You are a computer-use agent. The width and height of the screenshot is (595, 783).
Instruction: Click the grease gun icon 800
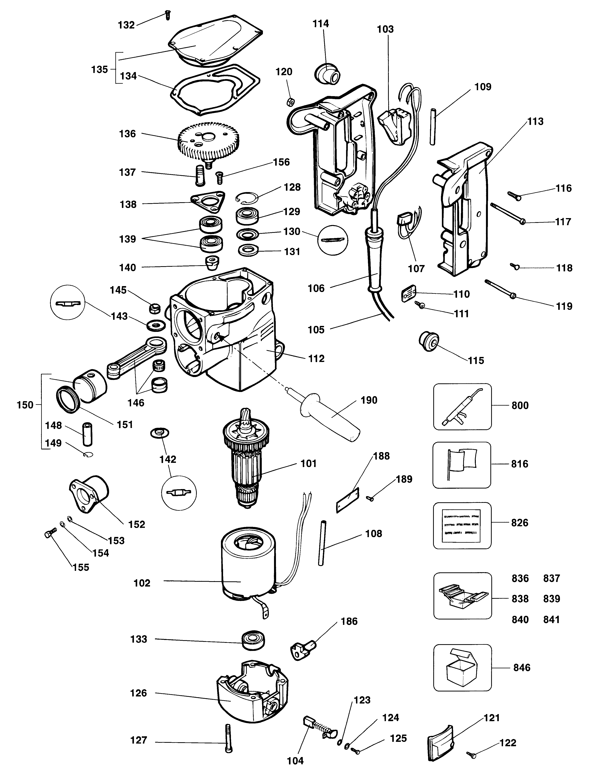pyautogui.click(x=462, y=406)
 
